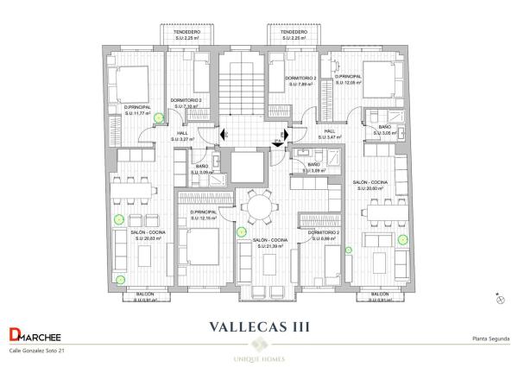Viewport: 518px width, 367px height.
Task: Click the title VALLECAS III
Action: click(259, 326)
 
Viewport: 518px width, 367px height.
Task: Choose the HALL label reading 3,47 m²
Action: click(329, 134)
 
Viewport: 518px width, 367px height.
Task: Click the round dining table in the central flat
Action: click(258, 206)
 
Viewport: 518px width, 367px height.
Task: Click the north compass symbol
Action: click(499, 299)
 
